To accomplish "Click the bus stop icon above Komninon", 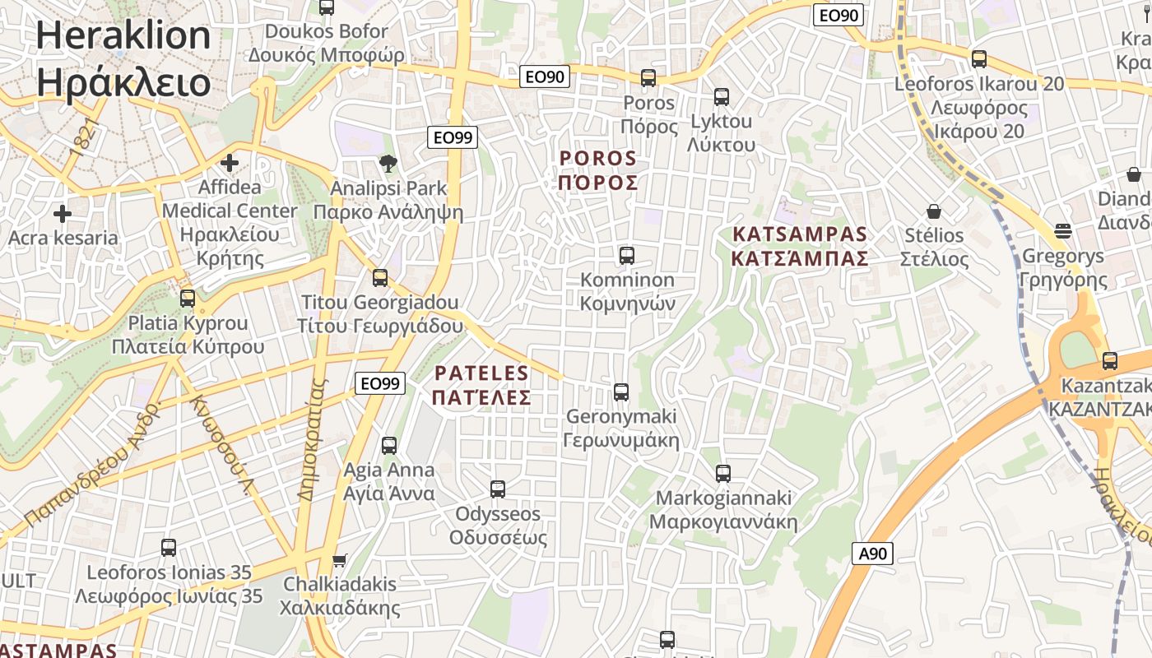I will point(626,256).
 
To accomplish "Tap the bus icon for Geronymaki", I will point(621,392).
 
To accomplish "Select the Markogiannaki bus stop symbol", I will point(722,474).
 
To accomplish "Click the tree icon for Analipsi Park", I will point(388,164).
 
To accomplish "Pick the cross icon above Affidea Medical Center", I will point(230,163).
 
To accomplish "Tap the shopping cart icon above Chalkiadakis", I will point(339,561).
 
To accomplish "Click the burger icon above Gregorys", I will point(1062,231).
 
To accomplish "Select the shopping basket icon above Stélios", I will point(933,211).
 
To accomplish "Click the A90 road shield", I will point(872,554).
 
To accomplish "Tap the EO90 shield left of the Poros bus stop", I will point(546,77).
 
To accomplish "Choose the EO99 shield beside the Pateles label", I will point(380,382).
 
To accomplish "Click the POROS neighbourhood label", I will point(598,169).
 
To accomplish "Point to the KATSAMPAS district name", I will point(800,246).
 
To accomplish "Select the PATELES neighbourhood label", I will point(481,385).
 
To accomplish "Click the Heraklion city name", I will point(123,58).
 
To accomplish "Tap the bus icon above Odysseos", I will point(497,489).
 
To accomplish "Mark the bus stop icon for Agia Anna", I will point(388,446).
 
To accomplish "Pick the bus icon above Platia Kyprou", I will point(188,298).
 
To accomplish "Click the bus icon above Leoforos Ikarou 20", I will point(978,59).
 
